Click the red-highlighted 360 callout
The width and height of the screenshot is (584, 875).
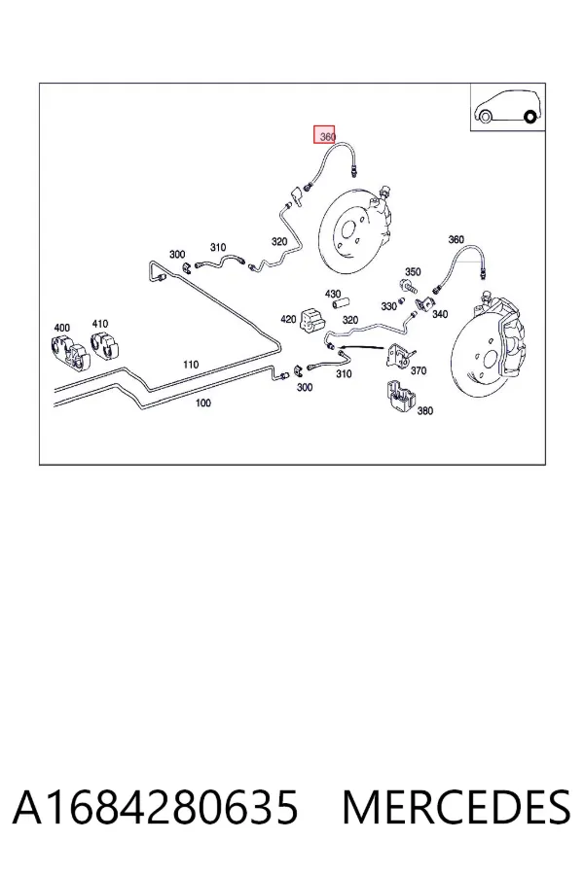tap(324, 134)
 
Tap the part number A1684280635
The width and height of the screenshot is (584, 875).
tap(156, 807)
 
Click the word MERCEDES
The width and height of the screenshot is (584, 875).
tap(456, 807)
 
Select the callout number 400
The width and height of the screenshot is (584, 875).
tap(62, 328)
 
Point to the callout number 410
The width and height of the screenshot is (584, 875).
tap(100, 324)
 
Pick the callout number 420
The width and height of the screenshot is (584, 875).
tap(288, 319)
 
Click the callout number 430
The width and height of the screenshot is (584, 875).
tap(333, 294)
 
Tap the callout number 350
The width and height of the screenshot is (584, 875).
tap(413, 272)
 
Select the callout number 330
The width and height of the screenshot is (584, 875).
tap(389, 306)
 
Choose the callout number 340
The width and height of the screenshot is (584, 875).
tap(440, 314)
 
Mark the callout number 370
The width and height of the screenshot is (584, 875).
tap(419, 370)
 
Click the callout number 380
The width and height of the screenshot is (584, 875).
tap(425, 410)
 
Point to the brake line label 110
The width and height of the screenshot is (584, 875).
tap(191, 365)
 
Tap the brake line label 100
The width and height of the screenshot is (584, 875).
tap(203, 402)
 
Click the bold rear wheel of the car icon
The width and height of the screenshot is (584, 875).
tap(530, 118)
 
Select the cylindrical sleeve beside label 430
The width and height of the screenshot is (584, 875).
tap(342, 304)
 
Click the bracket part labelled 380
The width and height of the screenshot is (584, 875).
tap(401, 398)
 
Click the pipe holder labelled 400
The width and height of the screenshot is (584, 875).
tap(69, 353)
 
